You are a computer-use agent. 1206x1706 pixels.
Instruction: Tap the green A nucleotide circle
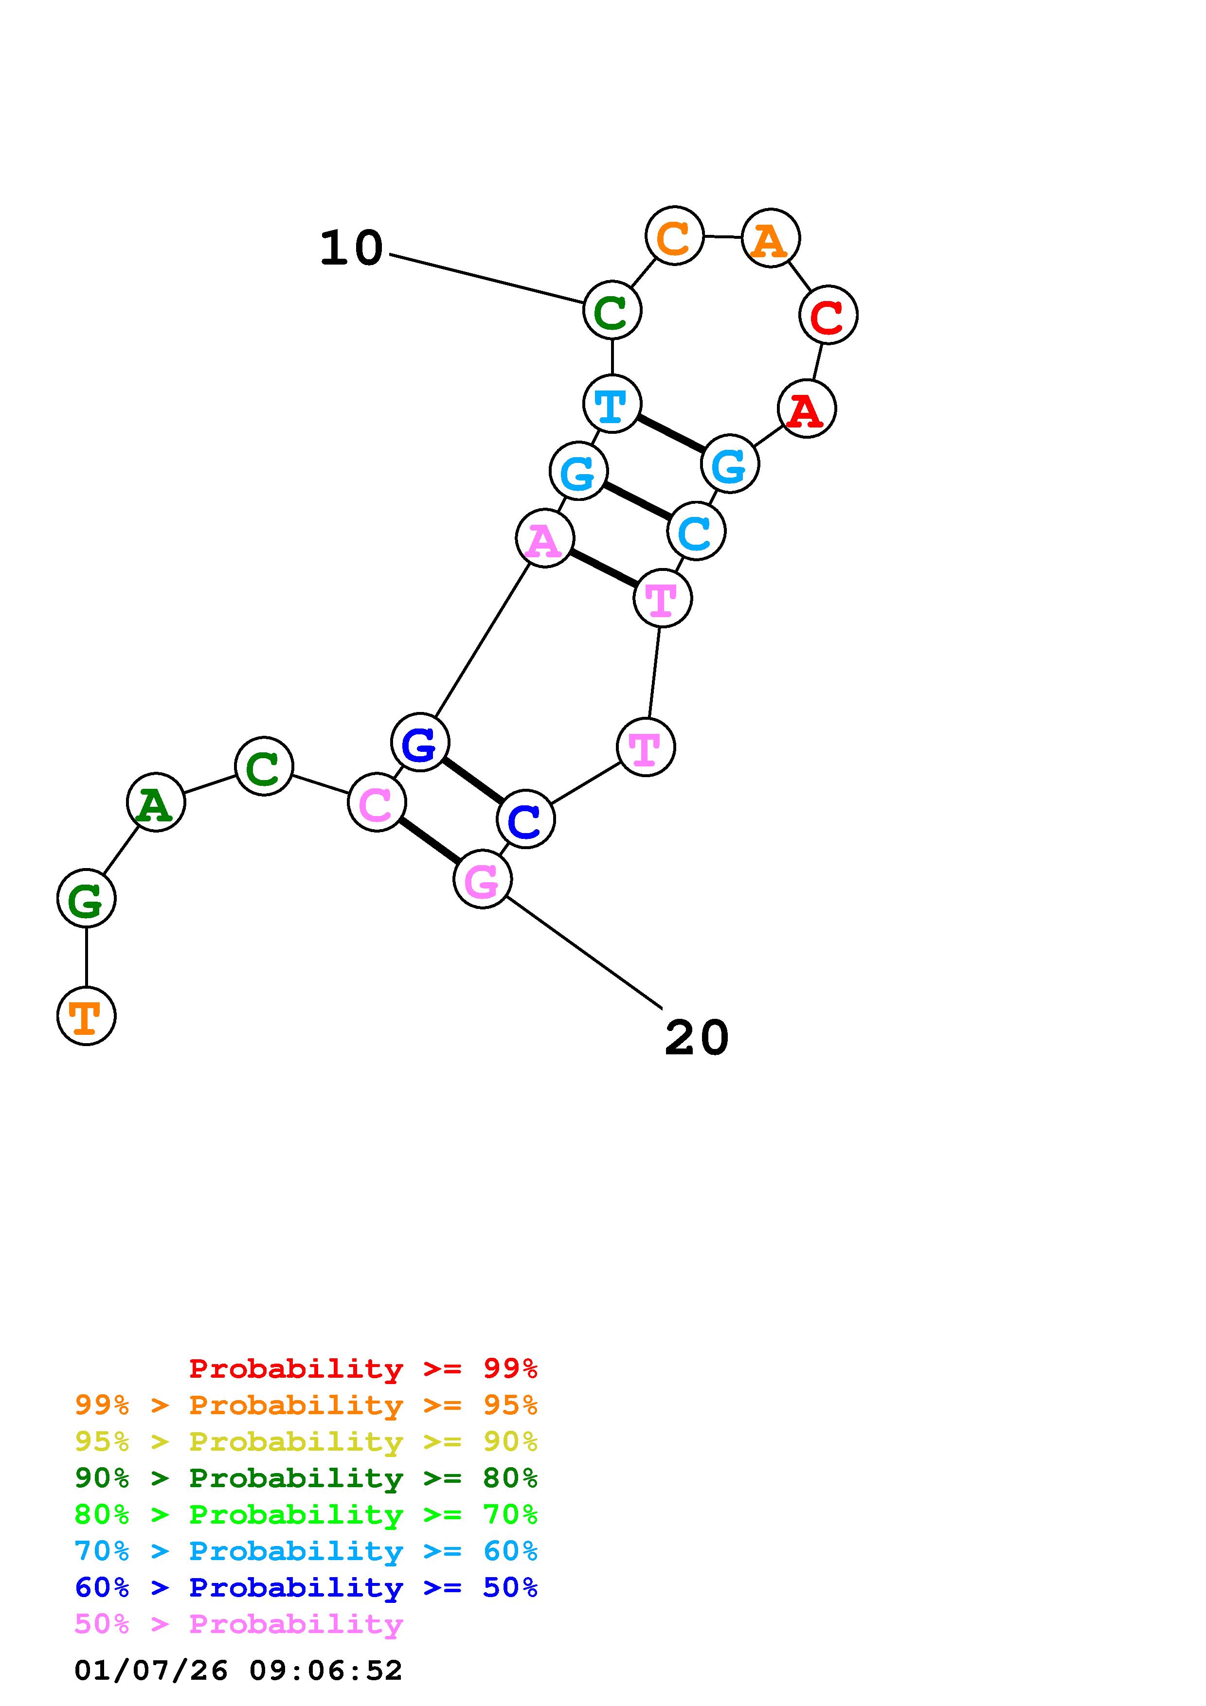155,802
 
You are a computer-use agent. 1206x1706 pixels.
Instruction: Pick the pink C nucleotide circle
377,802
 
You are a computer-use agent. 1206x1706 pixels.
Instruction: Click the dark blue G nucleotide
420,742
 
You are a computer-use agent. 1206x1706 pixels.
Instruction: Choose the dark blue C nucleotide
525,819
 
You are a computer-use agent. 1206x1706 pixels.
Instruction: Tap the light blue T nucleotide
612,404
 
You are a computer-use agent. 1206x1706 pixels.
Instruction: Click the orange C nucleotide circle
674,236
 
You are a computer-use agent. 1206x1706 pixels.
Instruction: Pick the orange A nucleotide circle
771,238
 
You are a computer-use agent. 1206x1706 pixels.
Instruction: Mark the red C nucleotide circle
828,315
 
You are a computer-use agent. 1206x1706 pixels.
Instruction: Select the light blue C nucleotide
696,531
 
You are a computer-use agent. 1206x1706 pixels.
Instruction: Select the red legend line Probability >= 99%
362,1368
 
